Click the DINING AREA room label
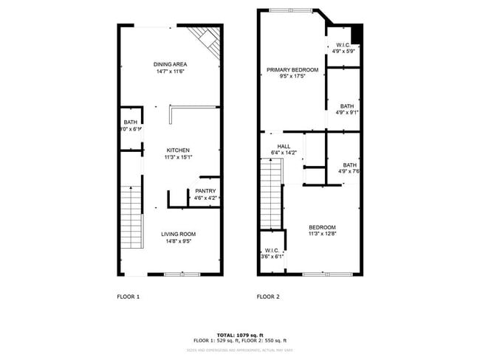169,64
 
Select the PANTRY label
205,191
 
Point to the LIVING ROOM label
179,234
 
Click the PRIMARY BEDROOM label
292,70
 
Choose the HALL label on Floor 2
284,146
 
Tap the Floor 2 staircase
272,192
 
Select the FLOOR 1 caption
128,297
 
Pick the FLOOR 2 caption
268,297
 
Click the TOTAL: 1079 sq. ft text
239,335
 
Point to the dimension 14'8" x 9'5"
179,241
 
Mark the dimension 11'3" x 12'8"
322,234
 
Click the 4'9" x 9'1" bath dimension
346,113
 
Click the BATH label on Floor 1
130,122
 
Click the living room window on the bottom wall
182,274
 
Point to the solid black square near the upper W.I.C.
357,33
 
